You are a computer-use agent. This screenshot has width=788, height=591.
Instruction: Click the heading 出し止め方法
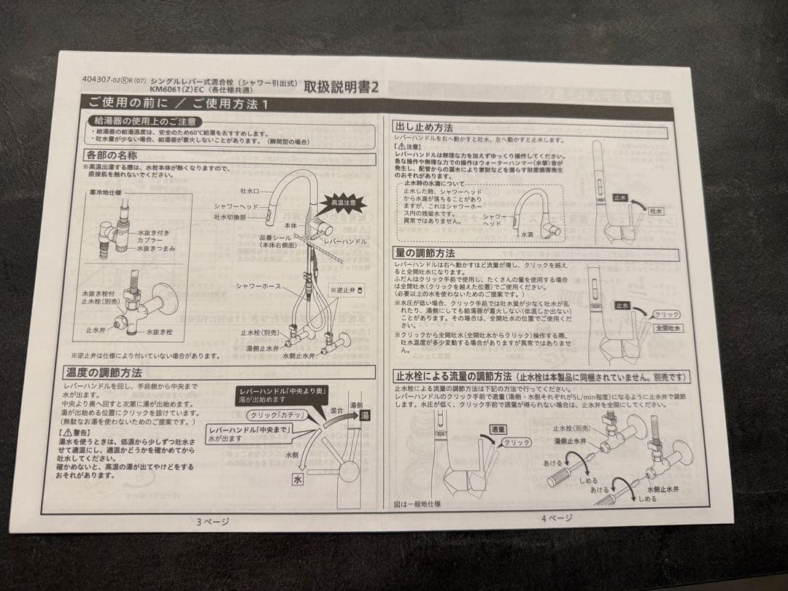(x=423, y=127)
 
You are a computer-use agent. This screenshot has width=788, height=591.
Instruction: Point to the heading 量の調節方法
(x=424, y=252)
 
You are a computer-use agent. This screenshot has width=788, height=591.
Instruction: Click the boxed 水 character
(x=298, y=479)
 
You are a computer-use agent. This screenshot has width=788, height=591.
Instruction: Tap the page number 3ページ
(x=212, y=521)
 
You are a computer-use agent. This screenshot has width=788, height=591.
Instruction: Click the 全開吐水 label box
(x=667, y=328)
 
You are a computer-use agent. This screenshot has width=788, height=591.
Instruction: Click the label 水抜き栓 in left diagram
(x=159, y=332)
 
